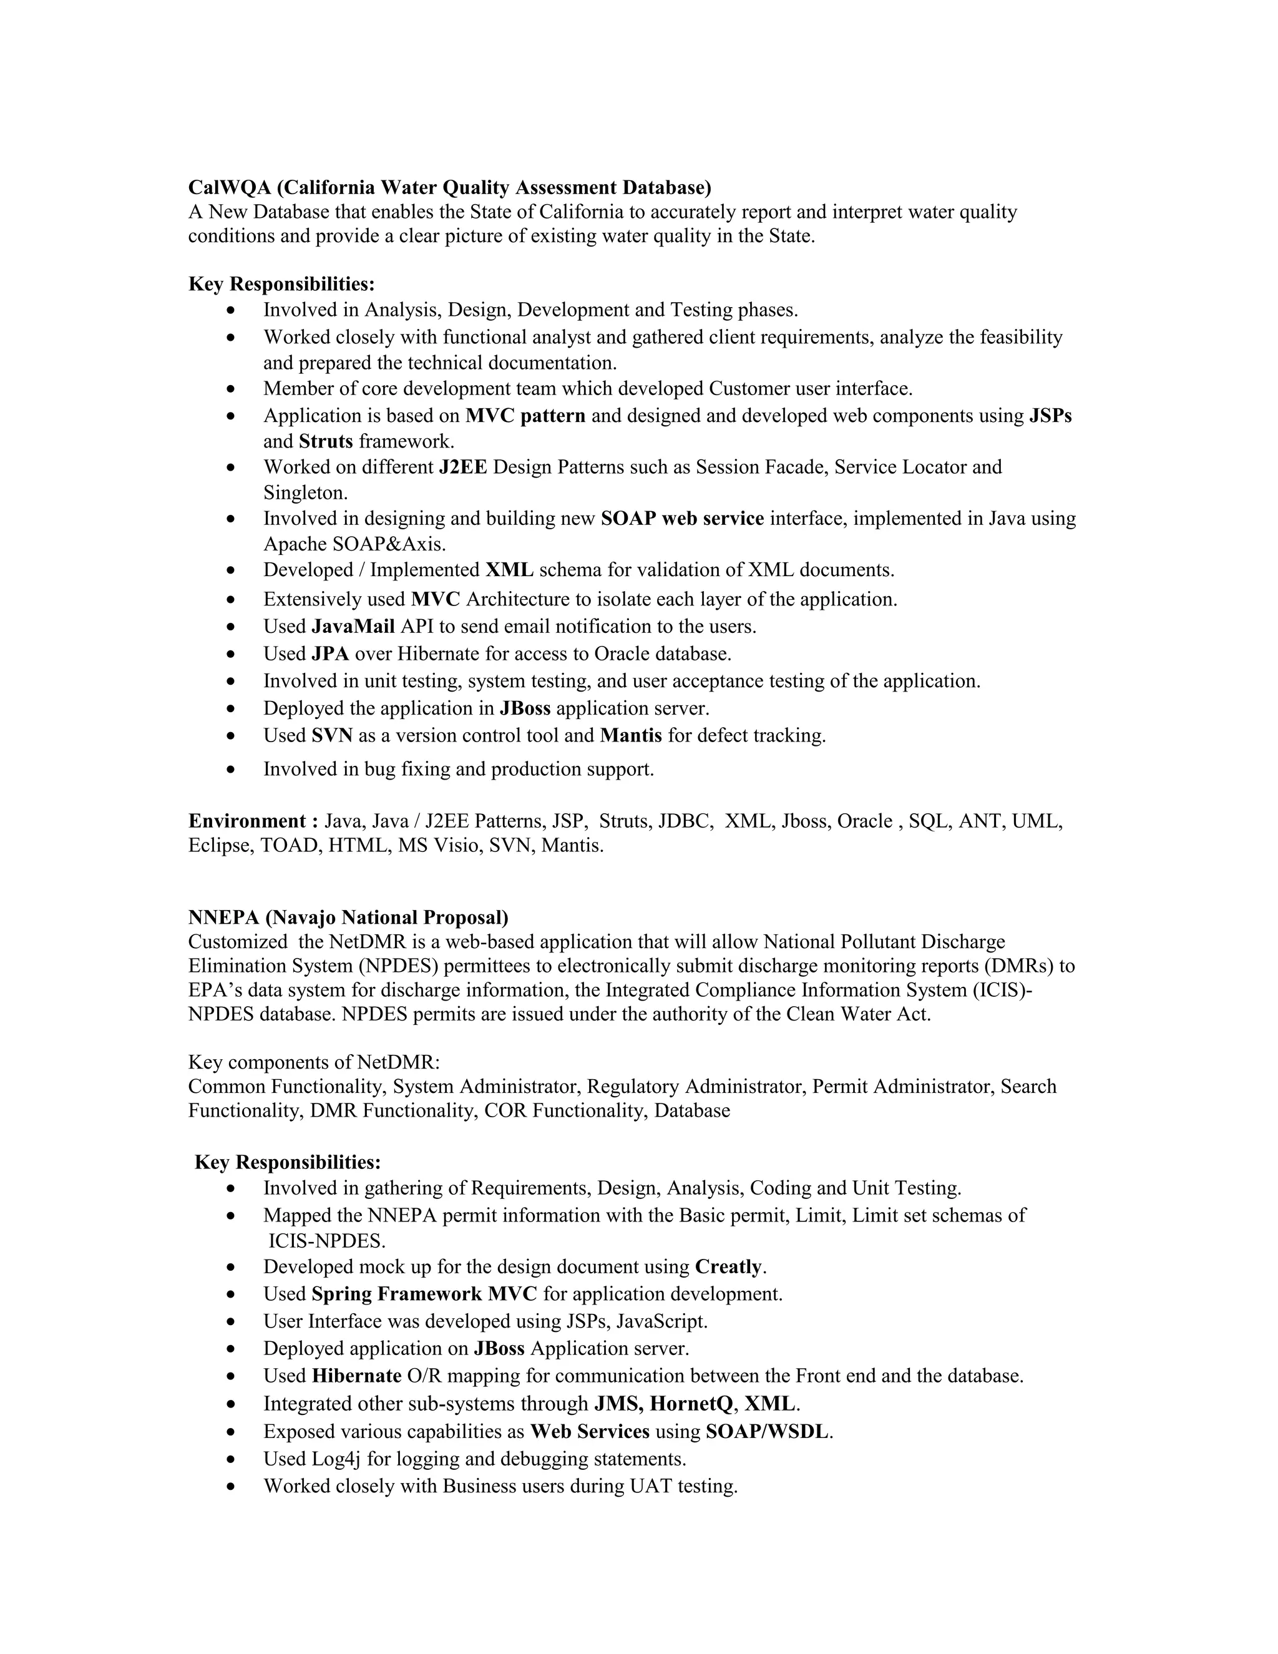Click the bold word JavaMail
353,626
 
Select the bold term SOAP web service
682,519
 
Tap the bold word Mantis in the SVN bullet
631,735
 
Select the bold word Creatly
728,1267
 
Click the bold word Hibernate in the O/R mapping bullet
356,1376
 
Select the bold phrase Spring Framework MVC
424,1294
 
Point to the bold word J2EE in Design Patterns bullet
462,467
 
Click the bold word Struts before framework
326,441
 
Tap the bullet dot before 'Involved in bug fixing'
232,770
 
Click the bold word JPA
330,653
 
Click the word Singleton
305,493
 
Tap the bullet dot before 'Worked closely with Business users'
232,1487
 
